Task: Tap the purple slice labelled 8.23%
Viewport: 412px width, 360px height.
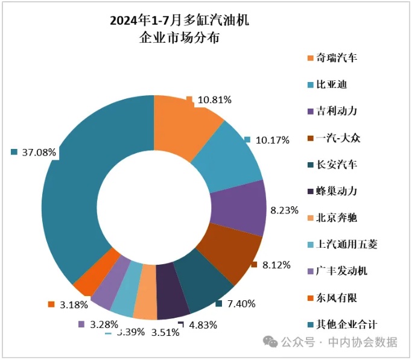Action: pyautogui.click(x=239, y=209)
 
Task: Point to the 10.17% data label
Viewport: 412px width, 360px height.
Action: pyautogui.click(x=272, y=141)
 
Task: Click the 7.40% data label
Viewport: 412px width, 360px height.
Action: pyautogui.click(x=239, y=304)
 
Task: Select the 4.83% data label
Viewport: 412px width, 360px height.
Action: pyautogui.click(x=203, y=325)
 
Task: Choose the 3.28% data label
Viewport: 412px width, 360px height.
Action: pyautogui.click(x=103, y=325)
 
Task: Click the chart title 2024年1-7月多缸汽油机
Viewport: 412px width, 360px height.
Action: pyautogui.click(x=179, y=22)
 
